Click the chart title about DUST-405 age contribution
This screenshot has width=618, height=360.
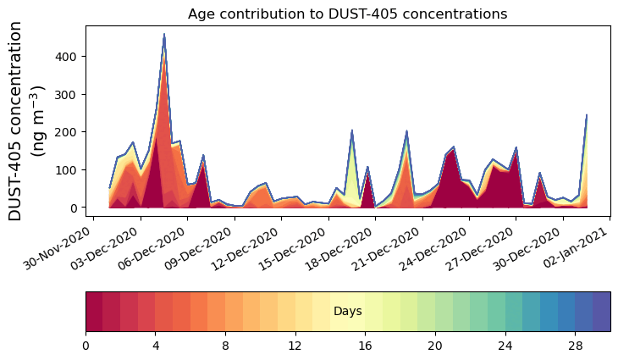347,14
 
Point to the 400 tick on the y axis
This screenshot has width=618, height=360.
69,57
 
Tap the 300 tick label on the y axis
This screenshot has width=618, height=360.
69,94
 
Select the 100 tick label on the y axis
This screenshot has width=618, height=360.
69,169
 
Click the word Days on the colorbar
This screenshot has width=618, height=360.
347,312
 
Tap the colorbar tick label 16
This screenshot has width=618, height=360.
365,346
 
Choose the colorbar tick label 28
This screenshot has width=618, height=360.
575,346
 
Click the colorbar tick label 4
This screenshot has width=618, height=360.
156,346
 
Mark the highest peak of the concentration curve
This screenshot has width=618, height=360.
164,35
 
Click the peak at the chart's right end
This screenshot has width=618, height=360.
586,115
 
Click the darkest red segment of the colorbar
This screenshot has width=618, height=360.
94,311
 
